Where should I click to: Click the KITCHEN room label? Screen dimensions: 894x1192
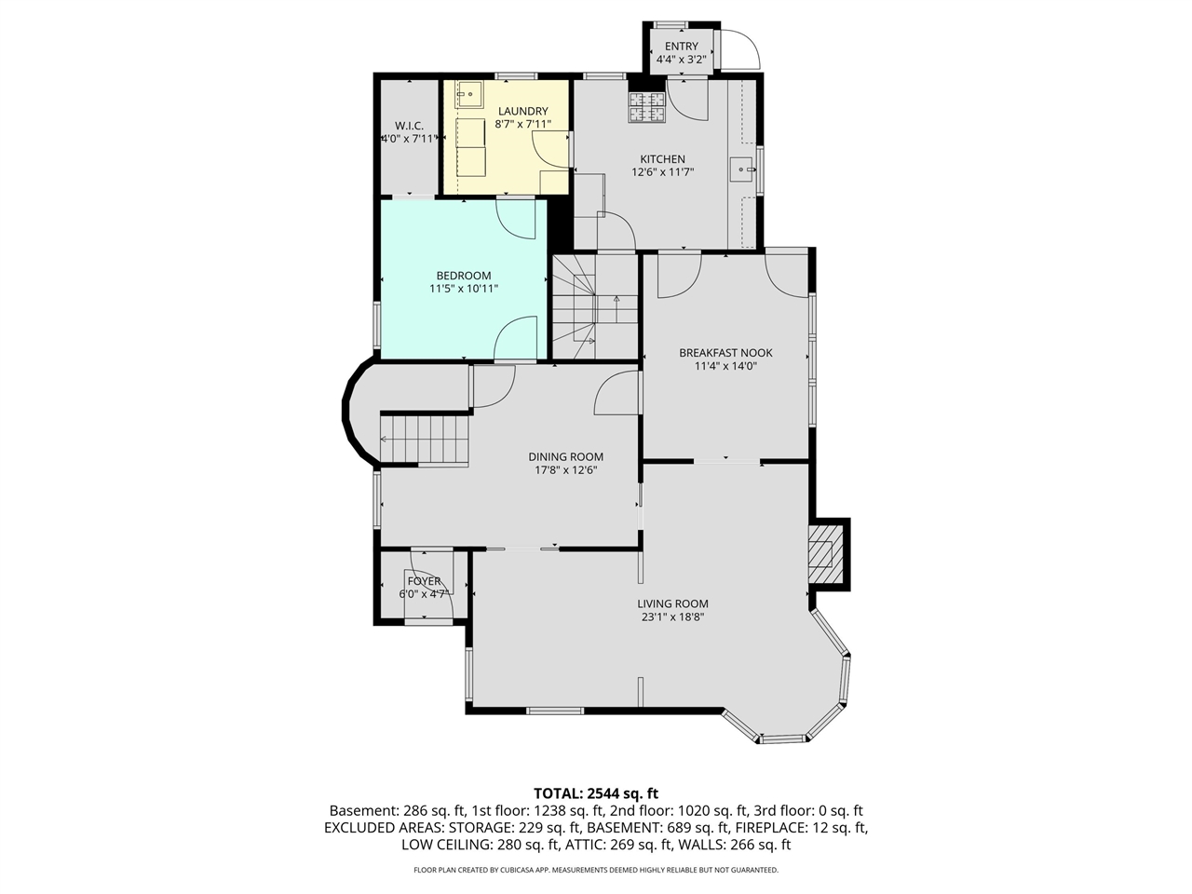pos(662,159)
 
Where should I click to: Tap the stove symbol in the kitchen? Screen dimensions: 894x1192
pos(647,108)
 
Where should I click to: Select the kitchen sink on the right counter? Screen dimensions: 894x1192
pos(741,169)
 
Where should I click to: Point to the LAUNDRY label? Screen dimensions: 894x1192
pos(522,112)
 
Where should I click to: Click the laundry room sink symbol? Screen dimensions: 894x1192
pos(468,94)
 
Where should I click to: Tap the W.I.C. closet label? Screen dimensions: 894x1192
pos(409,126)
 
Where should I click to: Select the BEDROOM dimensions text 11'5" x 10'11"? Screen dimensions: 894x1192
pos(464,289)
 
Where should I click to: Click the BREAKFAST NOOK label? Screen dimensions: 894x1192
pos(725,353)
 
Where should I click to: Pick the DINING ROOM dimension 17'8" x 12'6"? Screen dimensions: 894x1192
pos(565,470)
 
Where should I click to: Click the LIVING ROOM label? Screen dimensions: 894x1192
pos(672,603)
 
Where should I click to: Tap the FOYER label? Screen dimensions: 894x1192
pos(424,581)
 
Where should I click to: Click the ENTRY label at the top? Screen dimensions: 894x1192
pos(681,47)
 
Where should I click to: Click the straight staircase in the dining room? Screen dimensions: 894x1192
pos(425,439)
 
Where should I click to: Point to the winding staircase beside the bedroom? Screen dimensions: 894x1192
pos(594,307)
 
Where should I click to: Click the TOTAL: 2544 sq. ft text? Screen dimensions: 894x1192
pos(595,793)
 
